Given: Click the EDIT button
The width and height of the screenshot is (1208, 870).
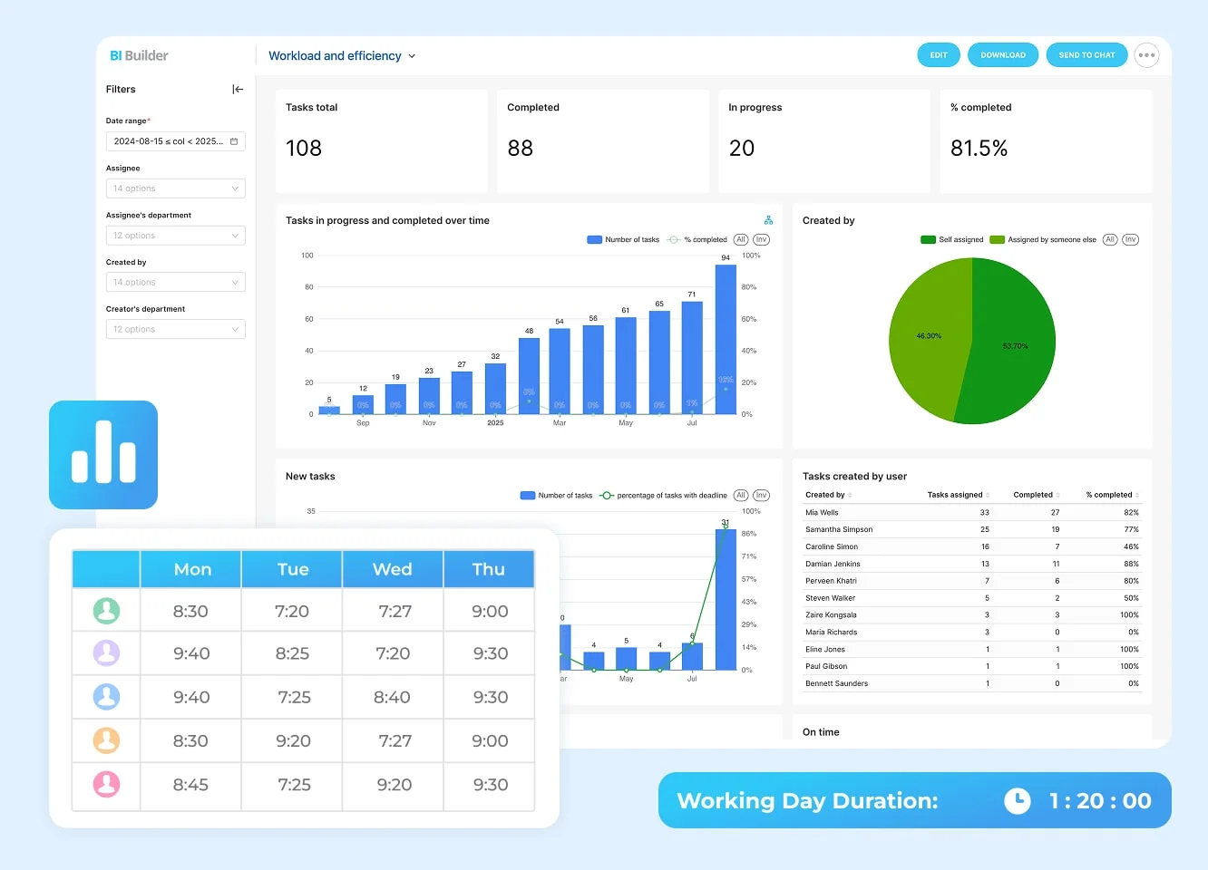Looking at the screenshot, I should [x=938, y=55].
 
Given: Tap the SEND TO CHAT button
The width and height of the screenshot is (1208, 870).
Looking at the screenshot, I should [x=1086, y=55].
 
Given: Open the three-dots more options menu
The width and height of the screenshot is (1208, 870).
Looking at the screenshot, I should [x=1146, y=55].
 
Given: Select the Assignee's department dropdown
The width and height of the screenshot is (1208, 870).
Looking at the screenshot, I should [x=175, y=236].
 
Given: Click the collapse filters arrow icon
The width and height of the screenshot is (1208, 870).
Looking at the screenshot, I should [x=238, y=89].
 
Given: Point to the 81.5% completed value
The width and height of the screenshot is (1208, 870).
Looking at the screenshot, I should [x=979, y=149].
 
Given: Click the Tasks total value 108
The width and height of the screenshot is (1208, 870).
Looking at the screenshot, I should [x=304, y=149].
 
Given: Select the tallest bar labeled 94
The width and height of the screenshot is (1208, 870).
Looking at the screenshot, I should [x=726, y=339].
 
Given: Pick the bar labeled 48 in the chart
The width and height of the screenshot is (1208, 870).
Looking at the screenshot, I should [x=529, y=375].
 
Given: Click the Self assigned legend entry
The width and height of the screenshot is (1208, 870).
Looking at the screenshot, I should [x=952, y=240].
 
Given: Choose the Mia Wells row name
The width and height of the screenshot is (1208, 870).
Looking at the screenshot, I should [x=822, y=513].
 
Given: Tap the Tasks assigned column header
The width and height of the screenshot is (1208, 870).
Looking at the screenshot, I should [x=955, y=495].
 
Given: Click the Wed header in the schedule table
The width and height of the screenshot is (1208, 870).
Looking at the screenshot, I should [x=392, y=569].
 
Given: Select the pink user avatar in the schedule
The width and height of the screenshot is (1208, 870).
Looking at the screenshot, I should [x=106, y=784].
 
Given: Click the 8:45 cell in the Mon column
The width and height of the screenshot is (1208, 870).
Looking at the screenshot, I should [x=190, y=785].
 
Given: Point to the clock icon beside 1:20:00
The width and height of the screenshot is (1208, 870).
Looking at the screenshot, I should [x=1018, y=800].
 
